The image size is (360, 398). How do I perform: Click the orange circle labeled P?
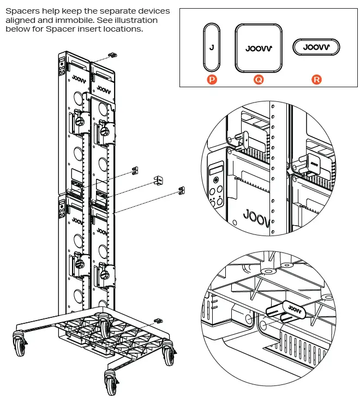point(212,80)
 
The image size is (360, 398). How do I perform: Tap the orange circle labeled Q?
point(259,80)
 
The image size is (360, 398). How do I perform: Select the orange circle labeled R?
point(317,80)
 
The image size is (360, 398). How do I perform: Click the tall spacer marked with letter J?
point(212,47)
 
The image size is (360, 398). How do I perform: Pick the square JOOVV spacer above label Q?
point(259,47)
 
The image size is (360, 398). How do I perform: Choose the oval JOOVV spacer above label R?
point(317,47)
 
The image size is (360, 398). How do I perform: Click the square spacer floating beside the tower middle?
point(159,180)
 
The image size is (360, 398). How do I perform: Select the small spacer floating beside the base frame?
point(159,320)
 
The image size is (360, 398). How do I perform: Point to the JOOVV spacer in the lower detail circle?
point(286,311)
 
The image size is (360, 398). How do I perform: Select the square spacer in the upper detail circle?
point(313,162)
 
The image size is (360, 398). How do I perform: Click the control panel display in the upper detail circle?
point(215,168)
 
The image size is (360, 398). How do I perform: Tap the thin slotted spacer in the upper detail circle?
point(245,139)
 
